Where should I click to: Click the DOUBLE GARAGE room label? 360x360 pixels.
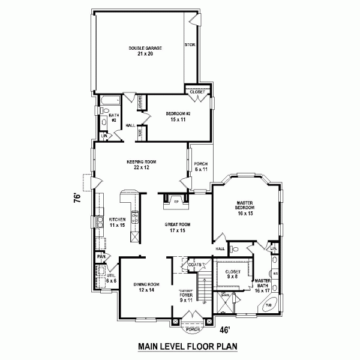pos(146,50)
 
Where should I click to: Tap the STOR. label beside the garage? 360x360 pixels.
pos(190,45)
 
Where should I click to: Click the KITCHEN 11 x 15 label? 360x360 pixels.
pos(116,222)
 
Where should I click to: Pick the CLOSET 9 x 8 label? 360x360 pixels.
pos(233,274)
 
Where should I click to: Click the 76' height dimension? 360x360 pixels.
pos(77,199)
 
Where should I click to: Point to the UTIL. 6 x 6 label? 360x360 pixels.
pos(111,278)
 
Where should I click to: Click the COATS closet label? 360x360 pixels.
pos(193,265)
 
